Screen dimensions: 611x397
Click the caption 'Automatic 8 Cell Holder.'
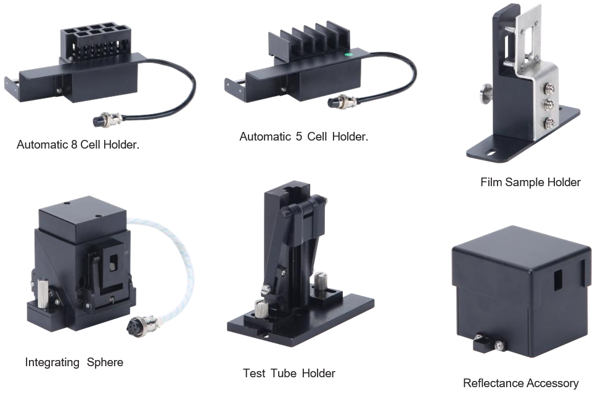point(78,145)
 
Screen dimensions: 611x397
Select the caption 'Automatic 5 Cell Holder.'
point(303,137)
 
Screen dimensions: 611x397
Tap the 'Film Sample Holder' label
point(530,182)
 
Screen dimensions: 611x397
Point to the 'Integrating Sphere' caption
point(74,362)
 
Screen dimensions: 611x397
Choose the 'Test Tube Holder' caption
point(289,373)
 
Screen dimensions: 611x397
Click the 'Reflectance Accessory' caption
point(520,383)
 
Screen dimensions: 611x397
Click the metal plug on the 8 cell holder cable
point(107,119)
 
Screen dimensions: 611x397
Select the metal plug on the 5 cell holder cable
point(342,102)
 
